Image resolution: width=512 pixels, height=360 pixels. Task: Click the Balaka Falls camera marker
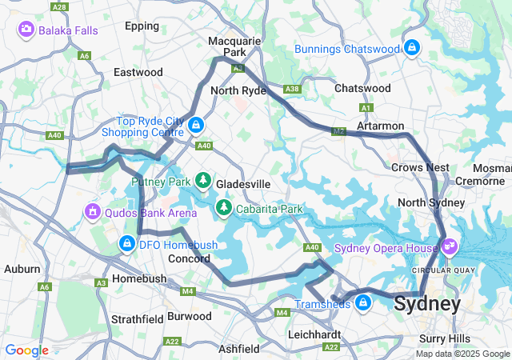pyautogui.click(x=26, y=30)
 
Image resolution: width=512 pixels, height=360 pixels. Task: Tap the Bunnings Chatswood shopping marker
pyautogui.click(x=411, y=48)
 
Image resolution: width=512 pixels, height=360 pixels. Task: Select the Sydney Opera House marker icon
pyautogui.click(x=449, y=247)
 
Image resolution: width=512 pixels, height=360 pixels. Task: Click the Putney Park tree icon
pyautogui.click(x=204, y=181)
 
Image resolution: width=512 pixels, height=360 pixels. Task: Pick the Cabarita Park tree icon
pyautogui.click(x=224, y=209)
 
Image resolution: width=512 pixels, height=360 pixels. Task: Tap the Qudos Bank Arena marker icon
pyautogui.click(x=93, y=212)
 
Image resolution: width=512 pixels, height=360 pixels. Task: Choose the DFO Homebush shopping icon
pyautogui.click(x=126, y=243)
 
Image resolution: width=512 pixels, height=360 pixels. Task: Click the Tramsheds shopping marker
pyautogui.click(x=363, y=303)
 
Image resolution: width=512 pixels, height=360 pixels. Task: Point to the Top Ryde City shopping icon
pyautogui.click(x=196, y=126)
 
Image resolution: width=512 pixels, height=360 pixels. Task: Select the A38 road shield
pyautogui.click(x=293, y=89)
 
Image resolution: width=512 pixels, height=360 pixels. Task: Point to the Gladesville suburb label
pyautogui.click(x=245, y=184)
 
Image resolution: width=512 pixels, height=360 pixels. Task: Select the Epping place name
pyautogui.click(x=142, y=26)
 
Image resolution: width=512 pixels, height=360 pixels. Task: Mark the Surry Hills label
pyautogui.click(x=444, y=338)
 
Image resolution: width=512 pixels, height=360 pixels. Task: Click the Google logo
pyautogui.click(x=26, y=350)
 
